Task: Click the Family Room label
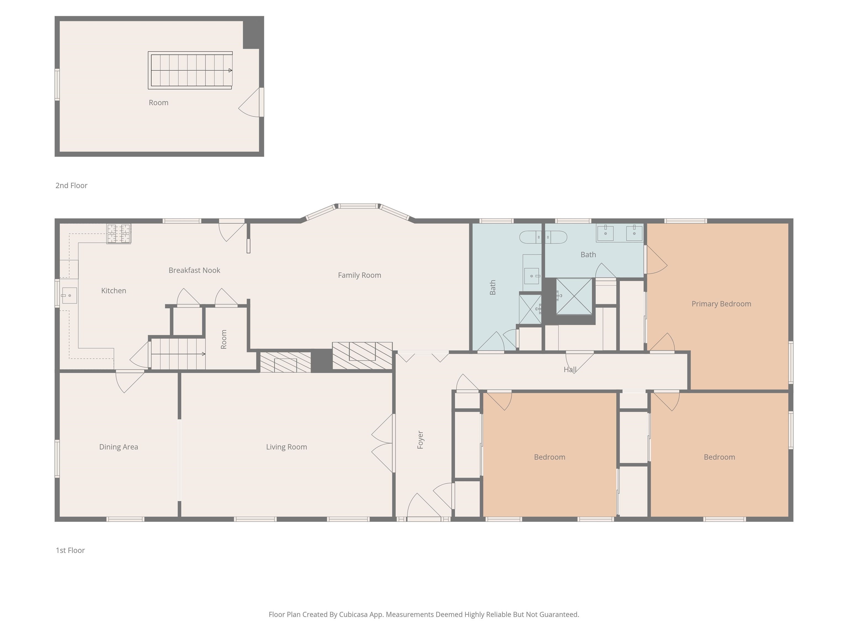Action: pos(359,275)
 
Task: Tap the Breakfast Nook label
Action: pos(194,270)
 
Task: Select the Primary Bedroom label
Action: pos(721,304)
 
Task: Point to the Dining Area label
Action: pos(118,447)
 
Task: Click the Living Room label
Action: pos(286,447)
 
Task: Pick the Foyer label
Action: pos(420,440)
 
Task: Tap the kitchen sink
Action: pos(69,296)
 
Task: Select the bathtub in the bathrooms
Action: pos(543,237)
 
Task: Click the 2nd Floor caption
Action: pos(71,185)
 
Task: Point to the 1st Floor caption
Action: pos(70,550)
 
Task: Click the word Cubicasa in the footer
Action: pos(353,614)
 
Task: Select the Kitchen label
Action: pos(113,291)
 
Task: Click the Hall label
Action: pos(570,370)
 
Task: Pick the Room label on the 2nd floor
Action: pos(158,103)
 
